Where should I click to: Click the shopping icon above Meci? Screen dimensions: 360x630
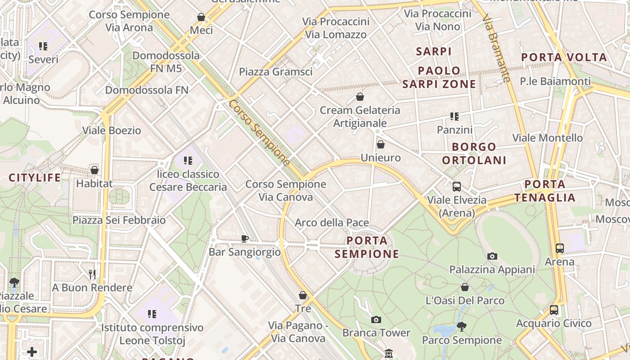click(201, 17)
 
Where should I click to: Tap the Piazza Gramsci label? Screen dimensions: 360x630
click(275, 72)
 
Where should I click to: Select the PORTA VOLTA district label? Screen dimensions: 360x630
click(564, 57)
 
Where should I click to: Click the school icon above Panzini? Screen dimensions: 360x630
click(454, 117)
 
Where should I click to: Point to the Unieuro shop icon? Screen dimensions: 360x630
click(381, 144)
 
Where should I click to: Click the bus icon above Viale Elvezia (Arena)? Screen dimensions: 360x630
click(457, 186)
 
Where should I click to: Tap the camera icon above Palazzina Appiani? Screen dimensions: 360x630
click(492, 256)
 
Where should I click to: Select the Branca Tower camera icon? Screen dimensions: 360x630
click(376, 319)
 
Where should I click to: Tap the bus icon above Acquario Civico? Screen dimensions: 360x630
click(554, 310)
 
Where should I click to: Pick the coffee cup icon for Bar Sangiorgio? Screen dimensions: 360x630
click(244, 238)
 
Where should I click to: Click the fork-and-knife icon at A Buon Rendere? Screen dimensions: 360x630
click(92, 274)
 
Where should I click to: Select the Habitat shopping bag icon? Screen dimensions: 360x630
click(94, 170)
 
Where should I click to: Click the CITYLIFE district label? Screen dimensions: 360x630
click(35, 178)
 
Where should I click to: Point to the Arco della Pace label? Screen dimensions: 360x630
click(332, 222)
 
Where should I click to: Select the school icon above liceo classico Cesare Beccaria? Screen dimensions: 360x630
click(188, 160)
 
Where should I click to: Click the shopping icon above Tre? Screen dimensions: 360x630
click(303, 295)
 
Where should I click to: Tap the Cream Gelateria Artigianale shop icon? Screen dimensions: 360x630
click(360, 96)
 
